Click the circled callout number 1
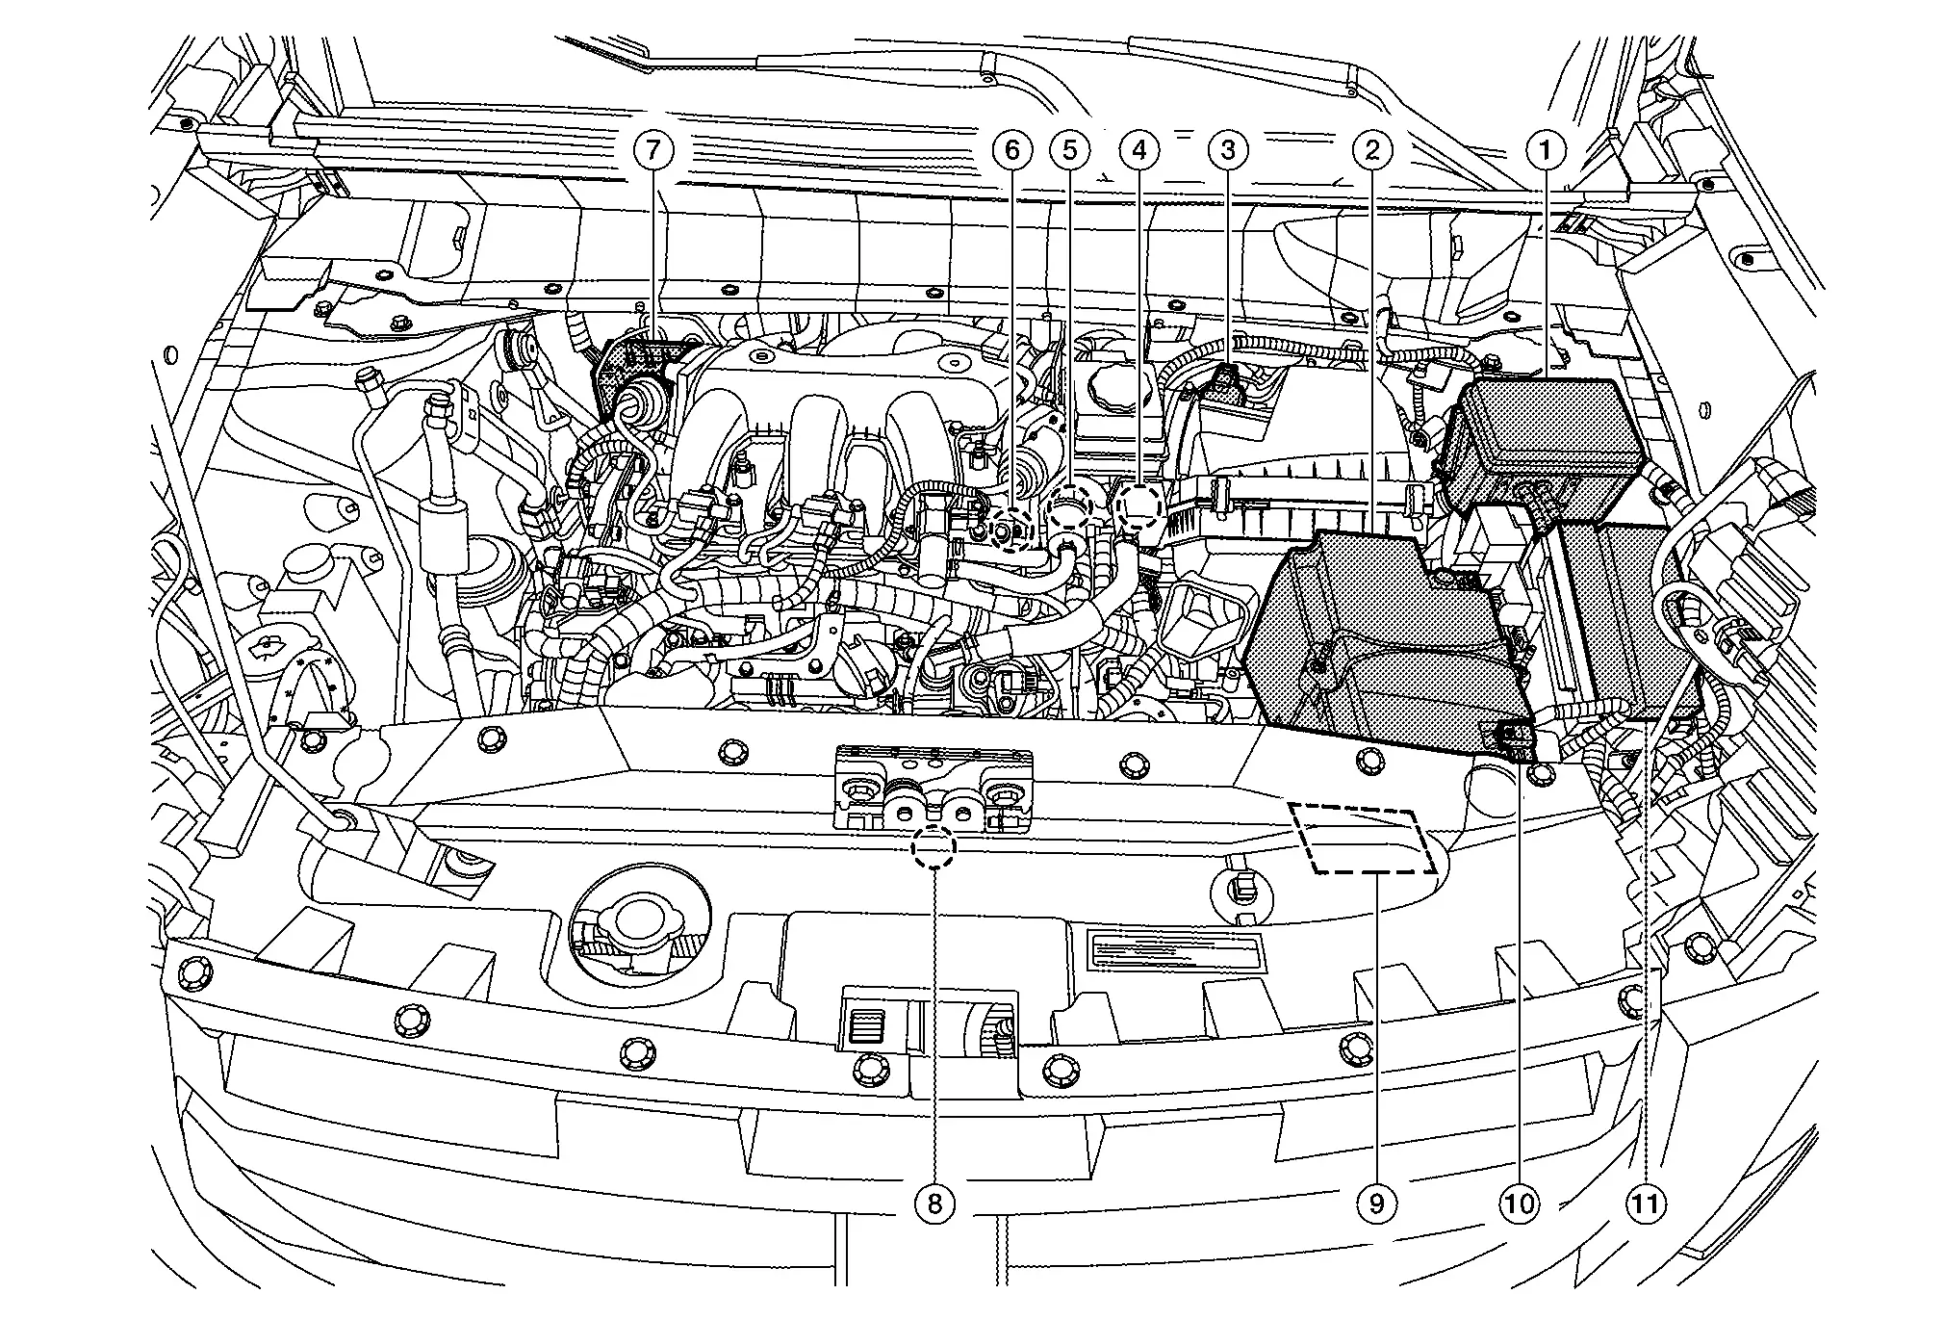[x=1547, y=149]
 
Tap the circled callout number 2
[x=1372, y=149]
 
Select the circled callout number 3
[x=1227, y=149]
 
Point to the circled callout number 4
[x=1139, y=149]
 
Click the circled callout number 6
[x=1011, y=149]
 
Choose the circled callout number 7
[x=653, y=149]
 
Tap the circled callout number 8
[x=934, y=1203]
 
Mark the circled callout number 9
[x=1376, y=1203]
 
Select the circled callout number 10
[x=1520, y=1203]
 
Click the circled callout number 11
[x=1647, y=1203]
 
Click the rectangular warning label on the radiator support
[x=1174, y=950]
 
